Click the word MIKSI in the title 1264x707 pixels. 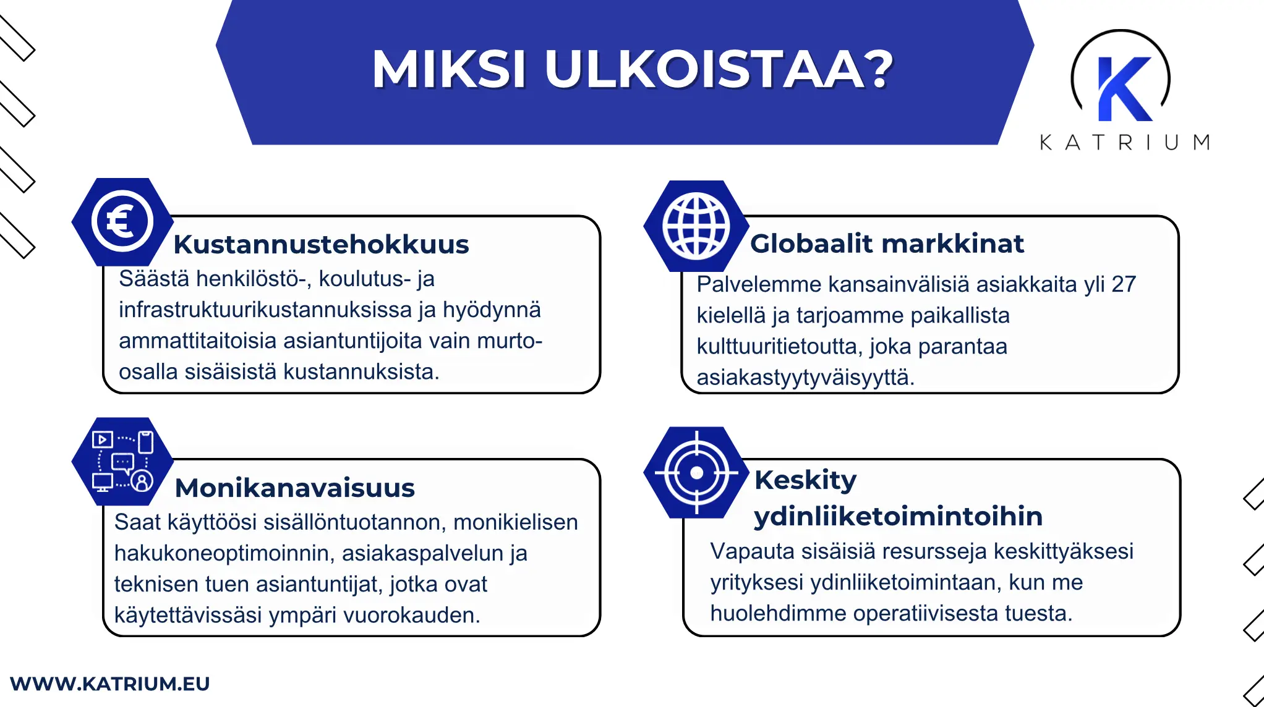coord(448,69)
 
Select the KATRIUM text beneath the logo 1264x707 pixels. coord(1124,143)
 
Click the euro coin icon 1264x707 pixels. coord(122,221)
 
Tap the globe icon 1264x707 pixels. coord(696,226)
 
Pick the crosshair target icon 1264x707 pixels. coord(696,473)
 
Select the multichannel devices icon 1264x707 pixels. coord(122,462)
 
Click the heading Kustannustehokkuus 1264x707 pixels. coord(321,244)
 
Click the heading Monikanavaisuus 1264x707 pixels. coord(294,488)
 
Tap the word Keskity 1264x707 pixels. coord(805,480)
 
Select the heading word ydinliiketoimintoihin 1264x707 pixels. coord(898,516)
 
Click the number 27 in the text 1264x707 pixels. coord(1123,284)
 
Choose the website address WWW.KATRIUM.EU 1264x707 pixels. coord(110,684)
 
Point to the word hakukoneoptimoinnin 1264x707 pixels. coord(224,553)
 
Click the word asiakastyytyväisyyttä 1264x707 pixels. coord(805,377)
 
